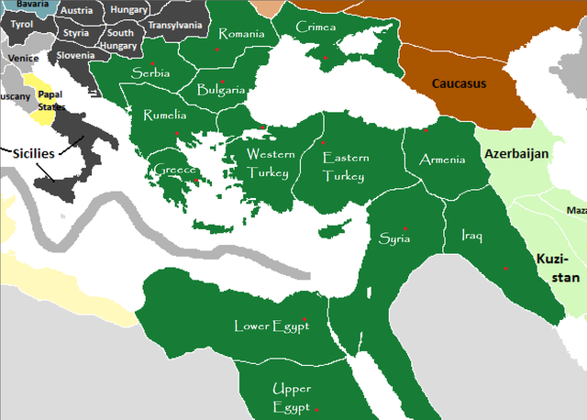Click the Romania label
click(x=241, y=35)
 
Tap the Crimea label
click(x=316, y=28)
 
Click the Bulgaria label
click(x=221, y=90)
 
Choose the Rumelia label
click(x=164, y=116)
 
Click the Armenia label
click(x=441, y=160)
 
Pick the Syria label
click(x=396, y=238)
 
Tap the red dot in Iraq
click(x=505, y=268)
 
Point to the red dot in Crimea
click(x=326, y=58)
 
